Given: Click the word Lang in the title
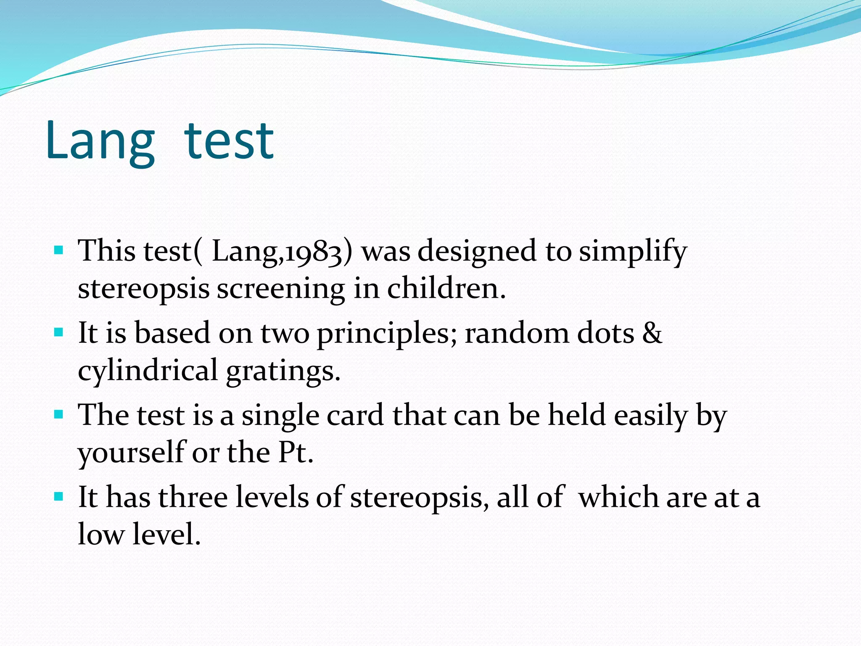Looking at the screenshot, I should pyautogui.click(x=100, y=141).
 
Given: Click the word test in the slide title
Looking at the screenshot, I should pyautogui.click(x=229, y=141).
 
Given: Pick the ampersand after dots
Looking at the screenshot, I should pyautogui.click(x=652, y=333).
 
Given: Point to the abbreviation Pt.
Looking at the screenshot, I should pyautogui.click(x=296, y=453).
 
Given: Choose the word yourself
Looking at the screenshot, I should pyautogui.click(x=132, y=453).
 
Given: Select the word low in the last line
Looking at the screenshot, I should pyautogui.click(x=101, y=534).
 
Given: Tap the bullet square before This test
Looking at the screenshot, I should pyautogui.click(x=58, y=251).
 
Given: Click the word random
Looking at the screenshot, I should pyautogui.click(x=517, y=333).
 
